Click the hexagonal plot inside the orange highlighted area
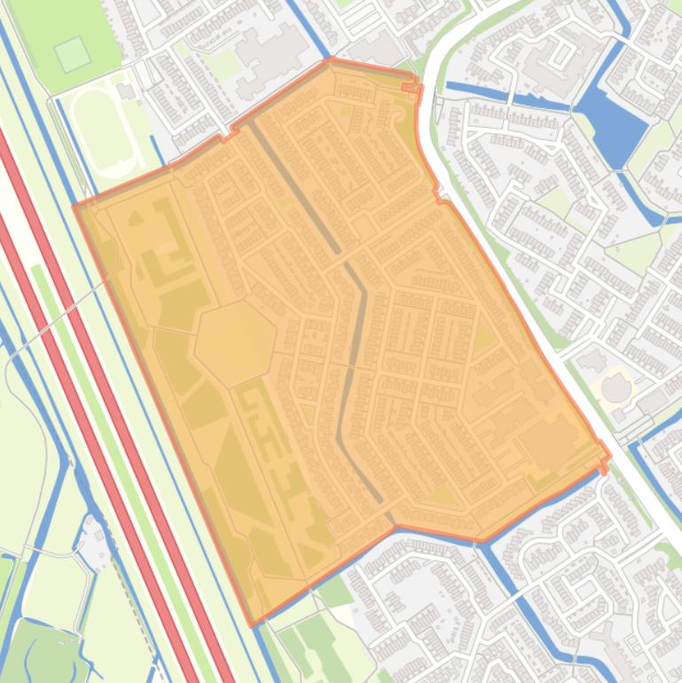(x=235, y=342)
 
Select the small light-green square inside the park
(x=72, y=54)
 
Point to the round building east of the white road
(x=615, y=388)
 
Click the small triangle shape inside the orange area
(x=136, y=217)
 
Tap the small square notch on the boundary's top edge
(x=409, y=85)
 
